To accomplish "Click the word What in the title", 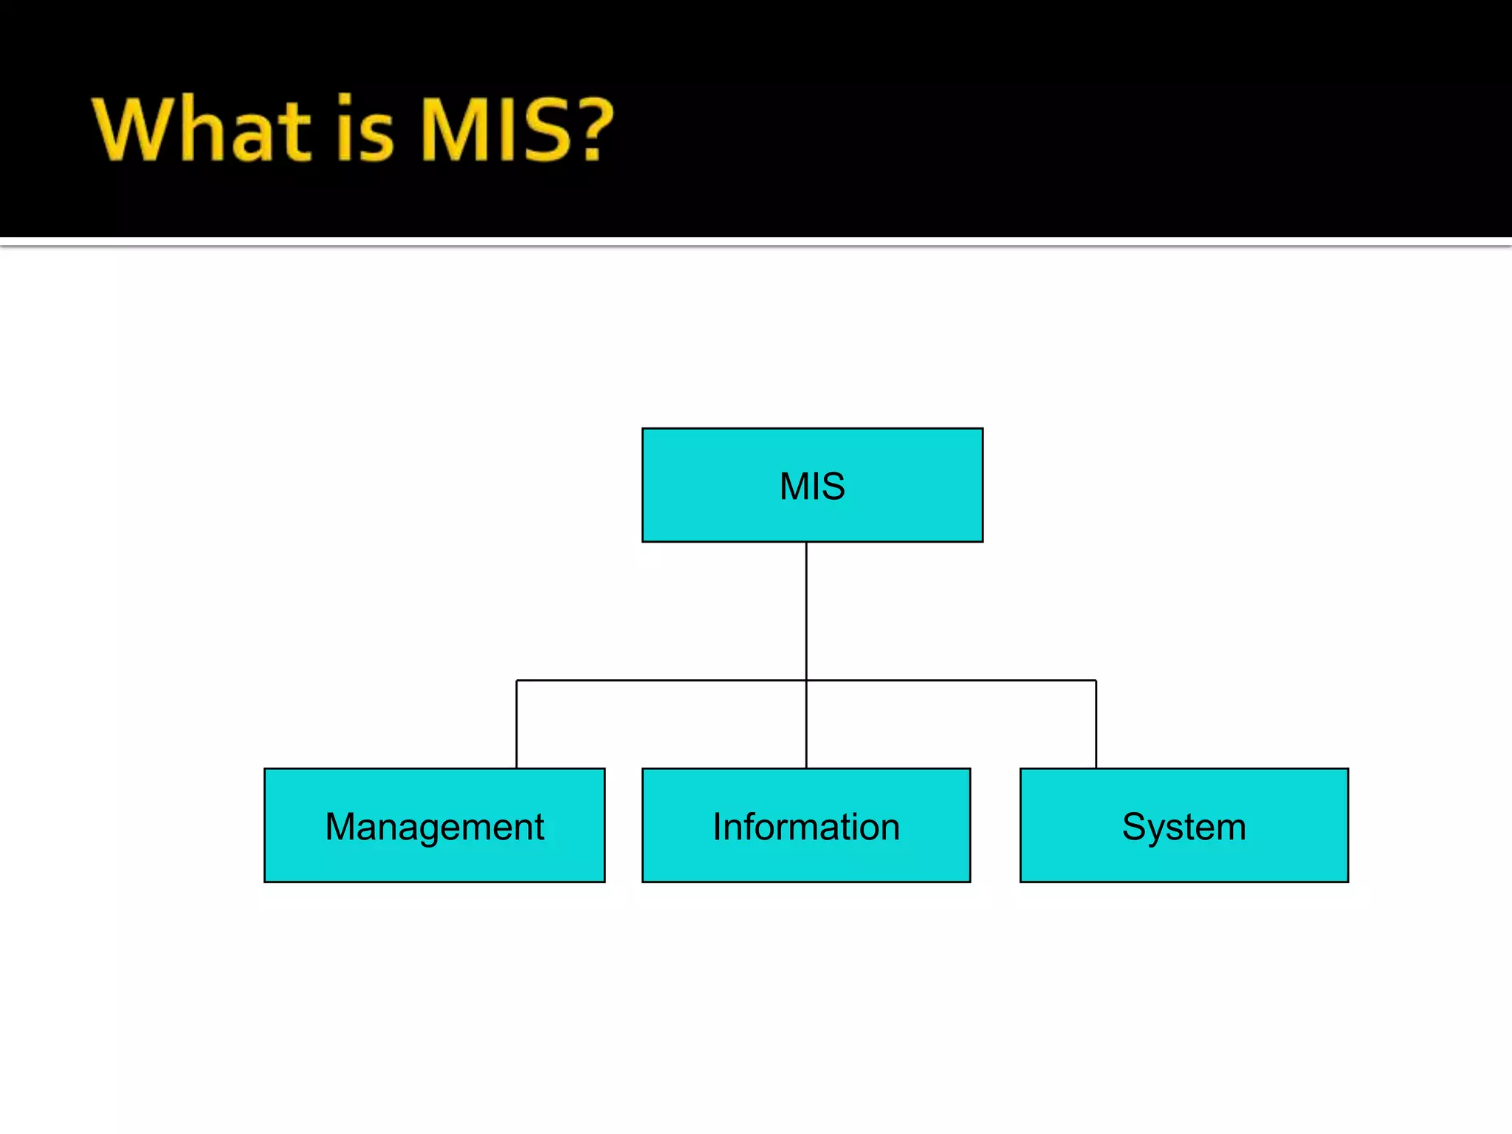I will tap(201, 129).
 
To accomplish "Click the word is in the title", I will tap(365, 129).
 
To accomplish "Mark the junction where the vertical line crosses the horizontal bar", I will tap(806, 680).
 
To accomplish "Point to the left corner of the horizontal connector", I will tap(517, 681).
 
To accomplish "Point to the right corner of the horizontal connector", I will tap(1096, 681).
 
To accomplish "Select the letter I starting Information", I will tap(718, 826).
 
